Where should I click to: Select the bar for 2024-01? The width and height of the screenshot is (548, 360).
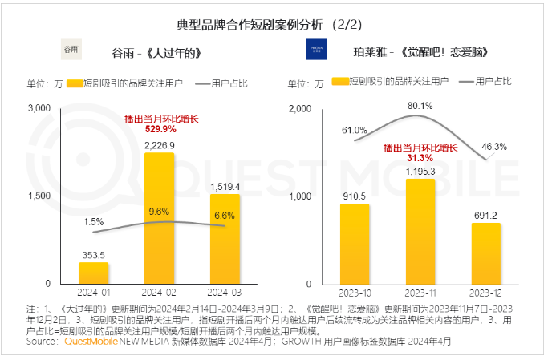(94, 273)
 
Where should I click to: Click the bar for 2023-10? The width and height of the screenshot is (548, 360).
(355, 244)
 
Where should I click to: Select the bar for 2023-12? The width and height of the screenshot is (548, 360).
(485, 253)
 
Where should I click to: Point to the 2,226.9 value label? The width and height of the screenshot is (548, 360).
(160, 145)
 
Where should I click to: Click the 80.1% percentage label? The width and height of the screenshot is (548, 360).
(420, 105)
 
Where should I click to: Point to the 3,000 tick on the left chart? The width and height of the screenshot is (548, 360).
(39, 108)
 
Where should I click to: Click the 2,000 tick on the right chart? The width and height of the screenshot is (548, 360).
(298, 108)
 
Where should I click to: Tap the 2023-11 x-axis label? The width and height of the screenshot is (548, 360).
(420, 293)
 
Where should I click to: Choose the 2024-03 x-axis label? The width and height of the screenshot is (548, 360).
(224, 293)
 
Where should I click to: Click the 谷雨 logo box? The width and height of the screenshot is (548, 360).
(72, 51)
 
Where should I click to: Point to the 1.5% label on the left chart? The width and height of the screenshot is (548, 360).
(93, 221)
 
